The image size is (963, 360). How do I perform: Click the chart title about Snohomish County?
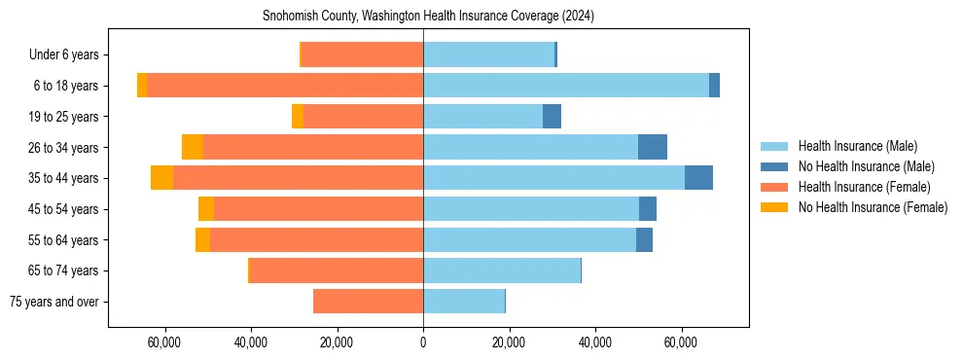428,17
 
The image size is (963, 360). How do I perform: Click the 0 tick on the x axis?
423,342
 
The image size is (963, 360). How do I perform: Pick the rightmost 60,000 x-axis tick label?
680,342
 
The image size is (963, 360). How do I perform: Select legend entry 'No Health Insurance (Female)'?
873,207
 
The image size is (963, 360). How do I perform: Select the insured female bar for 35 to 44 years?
298,178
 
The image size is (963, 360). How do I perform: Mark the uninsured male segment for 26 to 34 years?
653,147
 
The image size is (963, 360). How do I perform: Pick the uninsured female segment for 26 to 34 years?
193,147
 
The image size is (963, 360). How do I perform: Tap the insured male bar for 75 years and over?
464,302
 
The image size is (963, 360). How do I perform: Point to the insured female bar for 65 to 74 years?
337,270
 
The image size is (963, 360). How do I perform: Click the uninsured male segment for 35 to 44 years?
698,178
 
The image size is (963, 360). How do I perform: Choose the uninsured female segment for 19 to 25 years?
298,117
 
